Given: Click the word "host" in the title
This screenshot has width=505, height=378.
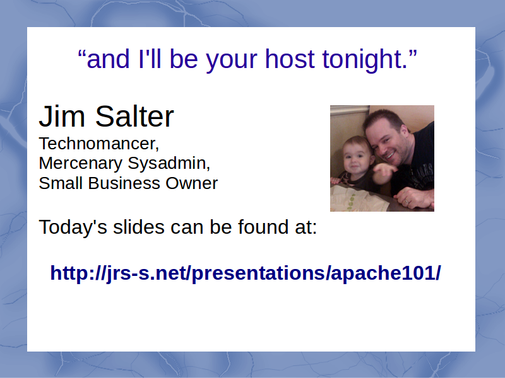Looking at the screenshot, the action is [290, 59].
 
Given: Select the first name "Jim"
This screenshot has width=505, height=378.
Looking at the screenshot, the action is [62, 116].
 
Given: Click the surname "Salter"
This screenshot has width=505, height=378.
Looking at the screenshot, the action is [134, 116].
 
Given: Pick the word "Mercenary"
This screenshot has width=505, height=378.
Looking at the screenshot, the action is [81, 163].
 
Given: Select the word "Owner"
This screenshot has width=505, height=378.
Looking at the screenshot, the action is [192, 183].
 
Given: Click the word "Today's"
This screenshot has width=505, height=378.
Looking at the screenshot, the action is [73, 227].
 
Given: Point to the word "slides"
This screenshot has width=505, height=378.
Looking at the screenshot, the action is [139, 227].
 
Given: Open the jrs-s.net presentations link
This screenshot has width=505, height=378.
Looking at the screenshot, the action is [246, 273].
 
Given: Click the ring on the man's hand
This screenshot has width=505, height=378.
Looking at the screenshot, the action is [406, 202].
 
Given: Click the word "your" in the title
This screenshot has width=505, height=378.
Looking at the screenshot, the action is [231, 60].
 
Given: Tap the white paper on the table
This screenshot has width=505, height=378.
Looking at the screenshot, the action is [354, 199].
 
